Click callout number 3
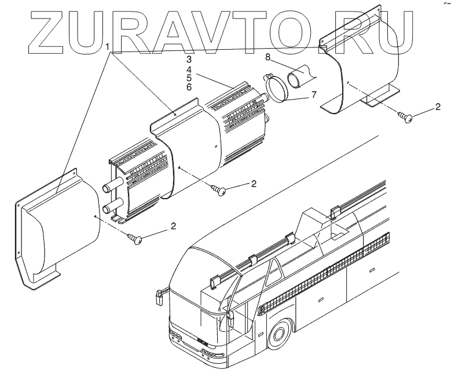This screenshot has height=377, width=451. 189,60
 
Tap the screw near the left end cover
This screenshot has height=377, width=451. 137,239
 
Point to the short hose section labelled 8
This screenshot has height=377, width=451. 301,78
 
